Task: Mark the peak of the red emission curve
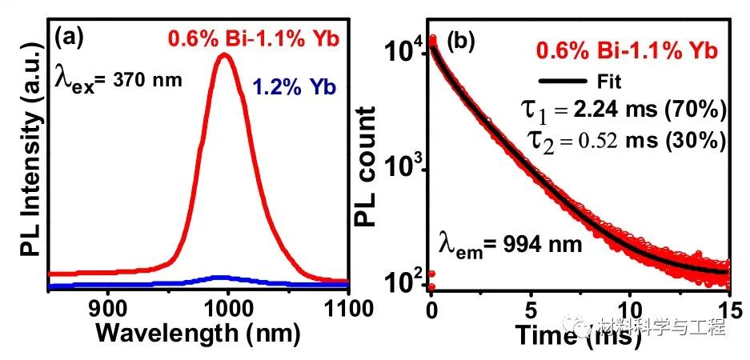(227, 55)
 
